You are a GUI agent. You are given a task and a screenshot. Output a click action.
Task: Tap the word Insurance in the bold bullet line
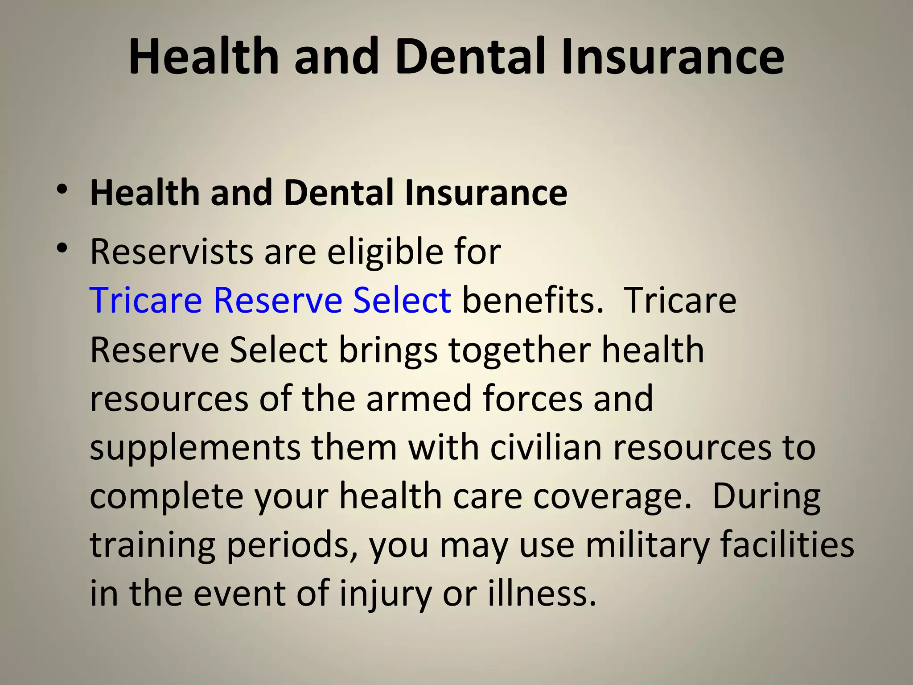(x=486, y=193)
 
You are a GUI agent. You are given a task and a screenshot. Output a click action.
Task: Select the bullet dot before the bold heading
(x=62, y=190)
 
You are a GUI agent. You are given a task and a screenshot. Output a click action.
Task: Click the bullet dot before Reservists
(x=62, y=248)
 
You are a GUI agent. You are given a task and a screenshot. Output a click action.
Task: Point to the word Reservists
(x=172, y=252)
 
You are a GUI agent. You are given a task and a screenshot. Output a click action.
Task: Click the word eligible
(x=385, y=252)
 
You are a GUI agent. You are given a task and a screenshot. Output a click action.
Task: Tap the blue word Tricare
(x=146, y=300)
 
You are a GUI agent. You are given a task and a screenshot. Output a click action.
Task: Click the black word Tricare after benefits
(x=681, y=300)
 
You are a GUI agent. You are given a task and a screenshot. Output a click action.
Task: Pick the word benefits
(x=533, y=300)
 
